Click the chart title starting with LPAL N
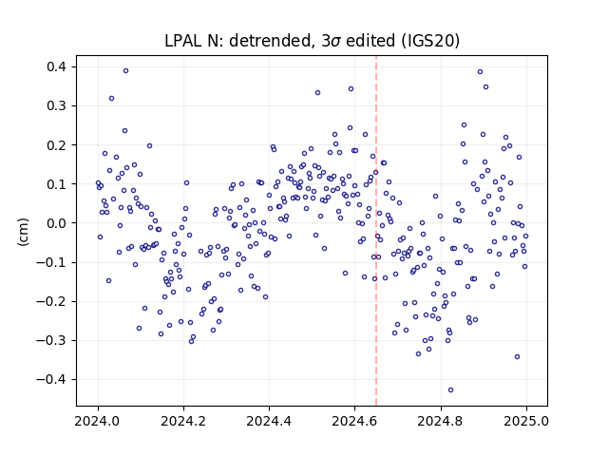click(312, 41)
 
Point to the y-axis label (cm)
click(23, 232)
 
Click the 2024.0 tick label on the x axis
click(98, 421)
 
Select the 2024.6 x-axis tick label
click(354, 421)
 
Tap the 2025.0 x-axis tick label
click(525, 421)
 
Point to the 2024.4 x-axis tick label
click(269, 421)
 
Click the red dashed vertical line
click(376, 231)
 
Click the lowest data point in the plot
click(450, 390)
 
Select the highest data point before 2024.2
click(125, 71)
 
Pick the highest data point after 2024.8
click(480, 72)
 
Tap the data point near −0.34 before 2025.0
click(517, 357)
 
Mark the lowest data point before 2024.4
click(191, 341)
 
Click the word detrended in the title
click(272, 41)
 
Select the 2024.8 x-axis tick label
click(441, 421)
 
